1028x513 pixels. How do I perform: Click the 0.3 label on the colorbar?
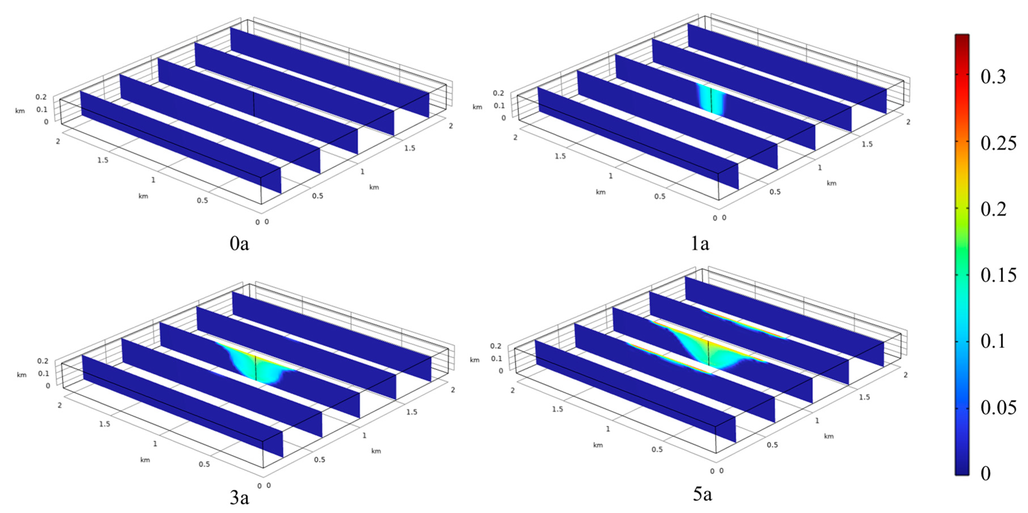(993, 77)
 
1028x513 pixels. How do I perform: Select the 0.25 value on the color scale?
(998, 143)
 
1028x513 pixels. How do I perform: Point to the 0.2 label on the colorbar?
(993, 209)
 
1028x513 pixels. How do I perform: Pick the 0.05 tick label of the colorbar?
(998, 407)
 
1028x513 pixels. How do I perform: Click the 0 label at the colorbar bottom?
(986, 473)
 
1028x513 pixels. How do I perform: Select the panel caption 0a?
(239, 243)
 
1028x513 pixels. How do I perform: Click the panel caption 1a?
(700, 243)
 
